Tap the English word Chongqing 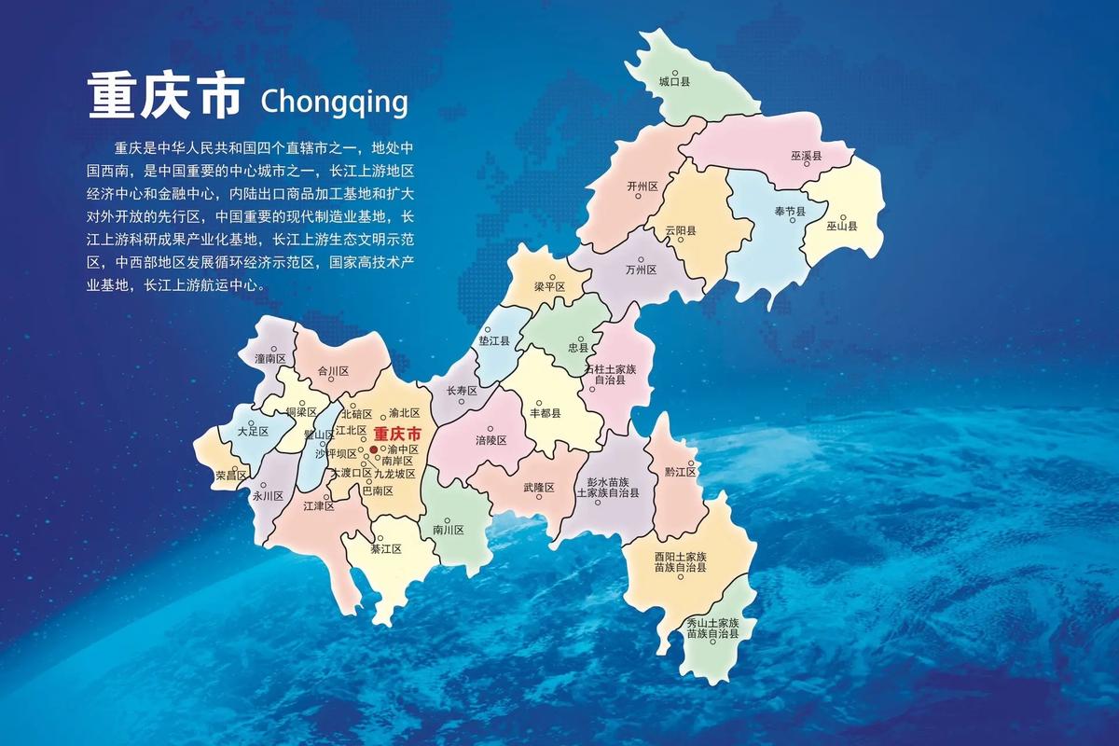(x=335, y=100)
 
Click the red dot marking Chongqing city (x=374, y=449)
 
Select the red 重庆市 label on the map (x=397, y=434)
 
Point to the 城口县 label (x=674, y=82)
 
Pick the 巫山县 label (x=841, y=226)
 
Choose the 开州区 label (x=642, y=186)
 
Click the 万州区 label (x=642, y=269)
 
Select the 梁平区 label (x=550, y=286)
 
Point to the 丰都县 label (x=545, y=412)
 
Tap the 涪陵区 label (x=490, y=440)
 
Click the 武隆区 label (x=538, y=487)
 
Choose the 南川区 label (x=448, y=530)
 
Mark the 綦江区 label (x=385, y=549)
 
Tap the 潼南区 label (x=269, y=358)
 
